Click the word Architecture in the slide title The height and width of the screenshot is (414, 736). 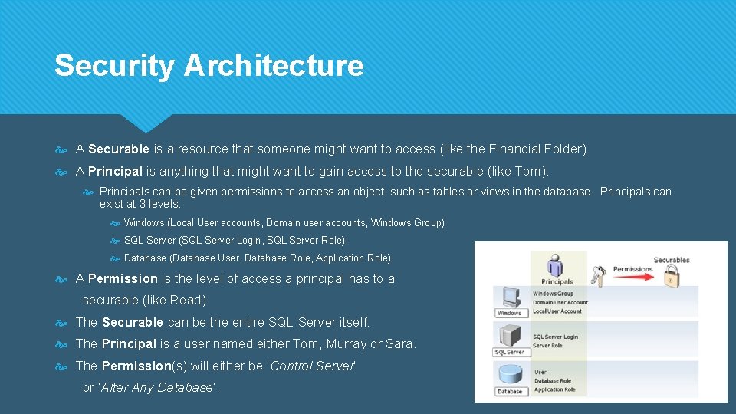(274, 66)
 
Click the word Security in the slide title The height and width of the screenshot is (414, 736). (114, 66)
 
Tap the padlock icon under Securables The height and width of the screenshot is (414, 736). (672, 280)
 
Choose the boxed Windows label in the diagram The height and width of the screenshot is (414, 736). (509, 313)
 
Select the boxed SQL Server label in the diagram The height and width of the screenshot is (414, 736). (509, 352)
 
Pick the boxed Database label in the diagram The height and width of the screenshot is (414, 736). (509, 391)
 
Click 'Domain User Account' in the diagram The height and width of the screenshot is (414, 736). (560, 302)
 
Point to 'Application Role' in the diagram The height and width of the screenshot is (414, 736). (554, 389)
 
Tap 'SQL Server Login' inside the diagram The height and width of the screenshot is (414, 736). (556, 337)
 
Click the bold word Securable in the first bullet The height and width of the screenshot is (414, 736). (119, 149)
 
